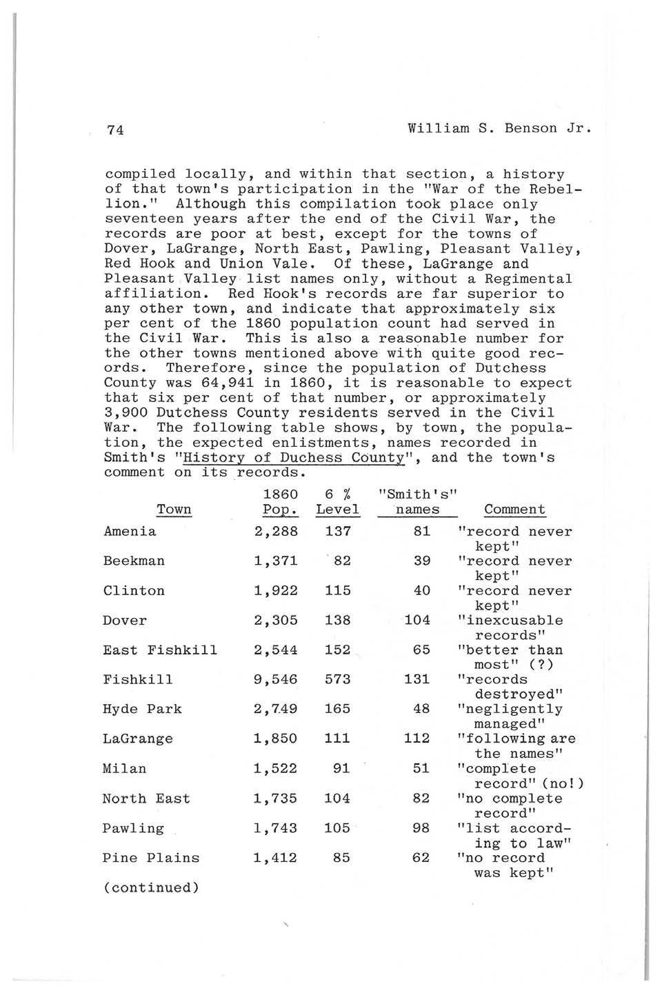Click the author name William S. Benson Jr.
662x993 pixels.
(x=500, y=128)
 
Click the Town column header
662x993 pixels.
(x=174, y=510)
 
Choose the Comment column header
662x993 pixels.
(x=514, y=510)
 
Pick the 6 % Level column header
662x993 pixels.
(x=337, y=502)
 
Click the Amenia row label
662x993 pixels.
(x=130, y=532)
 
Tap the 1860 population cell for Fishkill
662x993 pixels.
(x=275, y=680)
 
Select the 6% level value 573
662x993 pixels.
(x=337, y=680)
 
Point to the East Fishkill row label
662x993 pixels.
(x=160, y=650)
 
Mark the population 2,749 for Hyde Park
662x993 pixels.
(x=275, y=710)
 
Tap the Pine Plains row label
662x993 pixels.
(x=151, y=859)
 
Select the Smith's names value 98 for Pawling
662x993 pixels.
(x=421, y=829)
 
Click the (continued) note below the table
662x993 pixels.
(x=151, y=888)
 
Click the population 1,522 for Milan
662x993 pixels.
(x=275, y=769)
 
